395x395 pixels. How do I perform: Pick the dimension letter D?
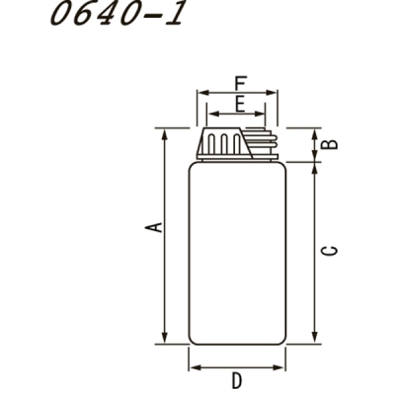tap(237, 380)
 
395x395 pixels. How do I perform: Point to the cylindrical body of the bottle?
tap(237, 252)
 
